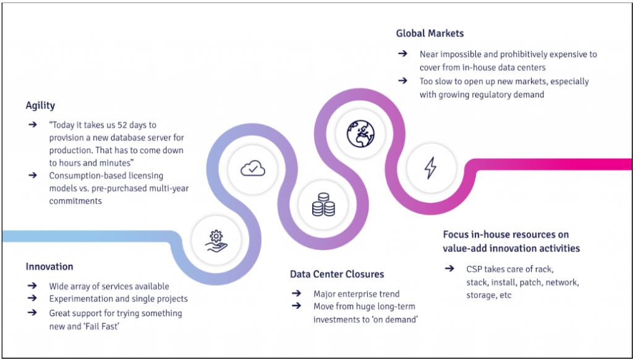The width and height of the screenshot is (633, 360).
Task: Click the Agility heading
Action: pos(40,106)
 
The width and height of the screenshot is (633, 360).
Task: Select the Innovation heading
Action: pos(49,267)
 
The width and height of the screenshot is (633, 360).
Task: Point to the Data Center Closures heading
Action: pos(337,274)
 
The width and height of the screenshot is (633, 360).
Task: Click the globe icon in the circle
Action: pos(360,134)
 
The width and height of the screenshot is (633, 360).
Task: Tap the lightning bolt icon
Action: pos(430,168)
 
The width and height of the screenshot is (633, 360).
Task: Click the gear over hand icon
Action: pos(216,240)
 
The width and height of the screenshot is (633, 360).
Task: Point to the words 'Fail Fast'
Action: pos(103,326)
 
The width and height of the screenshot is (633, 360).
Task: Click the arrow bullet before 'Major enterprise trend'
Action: pos(297,294)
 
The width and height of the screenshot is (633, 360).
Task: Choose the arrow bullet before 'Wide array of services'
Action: pos(32,286)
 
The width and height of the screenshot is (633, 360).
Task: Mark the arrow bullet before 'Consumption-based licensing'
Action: pos(32,176)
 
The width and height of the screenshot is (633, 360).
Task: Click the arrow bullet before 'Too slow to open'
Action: pos(402,81)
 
